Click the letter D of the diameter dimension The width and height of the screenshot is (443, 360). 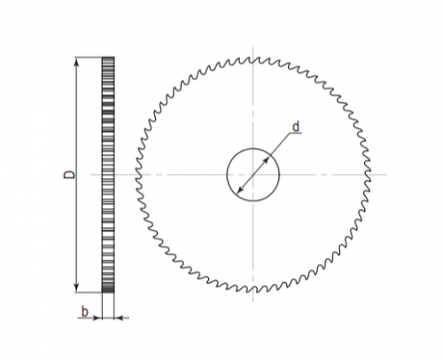tap(69, 175)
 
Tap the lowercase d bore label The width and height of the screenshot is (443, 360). tap(296, 127)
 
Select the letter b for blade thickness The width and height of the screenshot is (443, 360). tap(85, 312)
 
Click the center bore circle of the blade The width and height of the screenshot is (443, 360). tap(227, 175)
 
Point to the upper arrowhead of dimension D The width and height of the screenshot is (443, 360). tap(77, 62)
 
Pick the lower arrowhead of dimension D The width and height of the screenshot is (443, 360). tap(77, 286)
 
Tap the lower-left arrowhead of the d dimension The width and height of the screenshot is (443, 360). tap(240, 190)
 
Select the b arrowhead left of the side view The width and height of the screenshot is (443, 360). tap(97, 318)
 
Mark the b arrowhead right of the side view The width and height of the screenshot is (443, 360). tap(119, 318)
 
